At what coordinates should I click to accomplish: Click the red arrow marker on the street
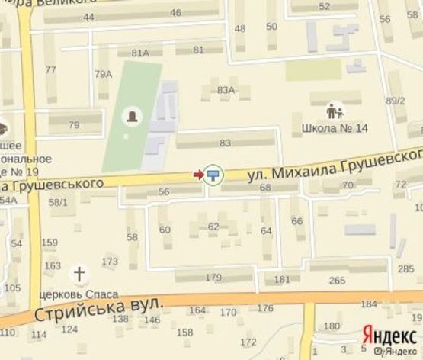point(198,175)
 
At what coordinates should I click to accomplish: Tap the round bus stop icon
point(213,175)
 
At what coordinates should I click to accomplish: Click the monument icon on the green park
point(133,117)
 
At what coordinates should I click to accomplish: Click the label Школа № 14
point(335,128)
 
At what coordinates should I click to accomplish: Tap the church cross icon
point(79,273)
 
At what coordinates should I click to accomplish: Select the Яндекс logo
point(389,334)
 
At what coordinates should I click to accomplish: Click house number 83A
point(226,90)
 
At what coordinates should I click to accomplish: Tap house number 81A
point(139,53)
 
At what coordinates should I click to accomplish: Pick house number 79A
point(103,74)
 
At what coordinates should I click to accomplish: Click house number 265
point(337,281)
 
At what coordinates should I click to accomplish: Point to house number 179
point(213,277)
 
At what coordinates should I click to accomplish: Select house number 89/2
point(395,100)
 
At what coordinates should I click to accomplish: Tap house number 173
point(111,262)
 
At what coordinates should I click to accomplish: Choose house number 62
point(213,227)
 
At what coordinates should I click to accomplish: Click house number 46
point(176,13)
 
